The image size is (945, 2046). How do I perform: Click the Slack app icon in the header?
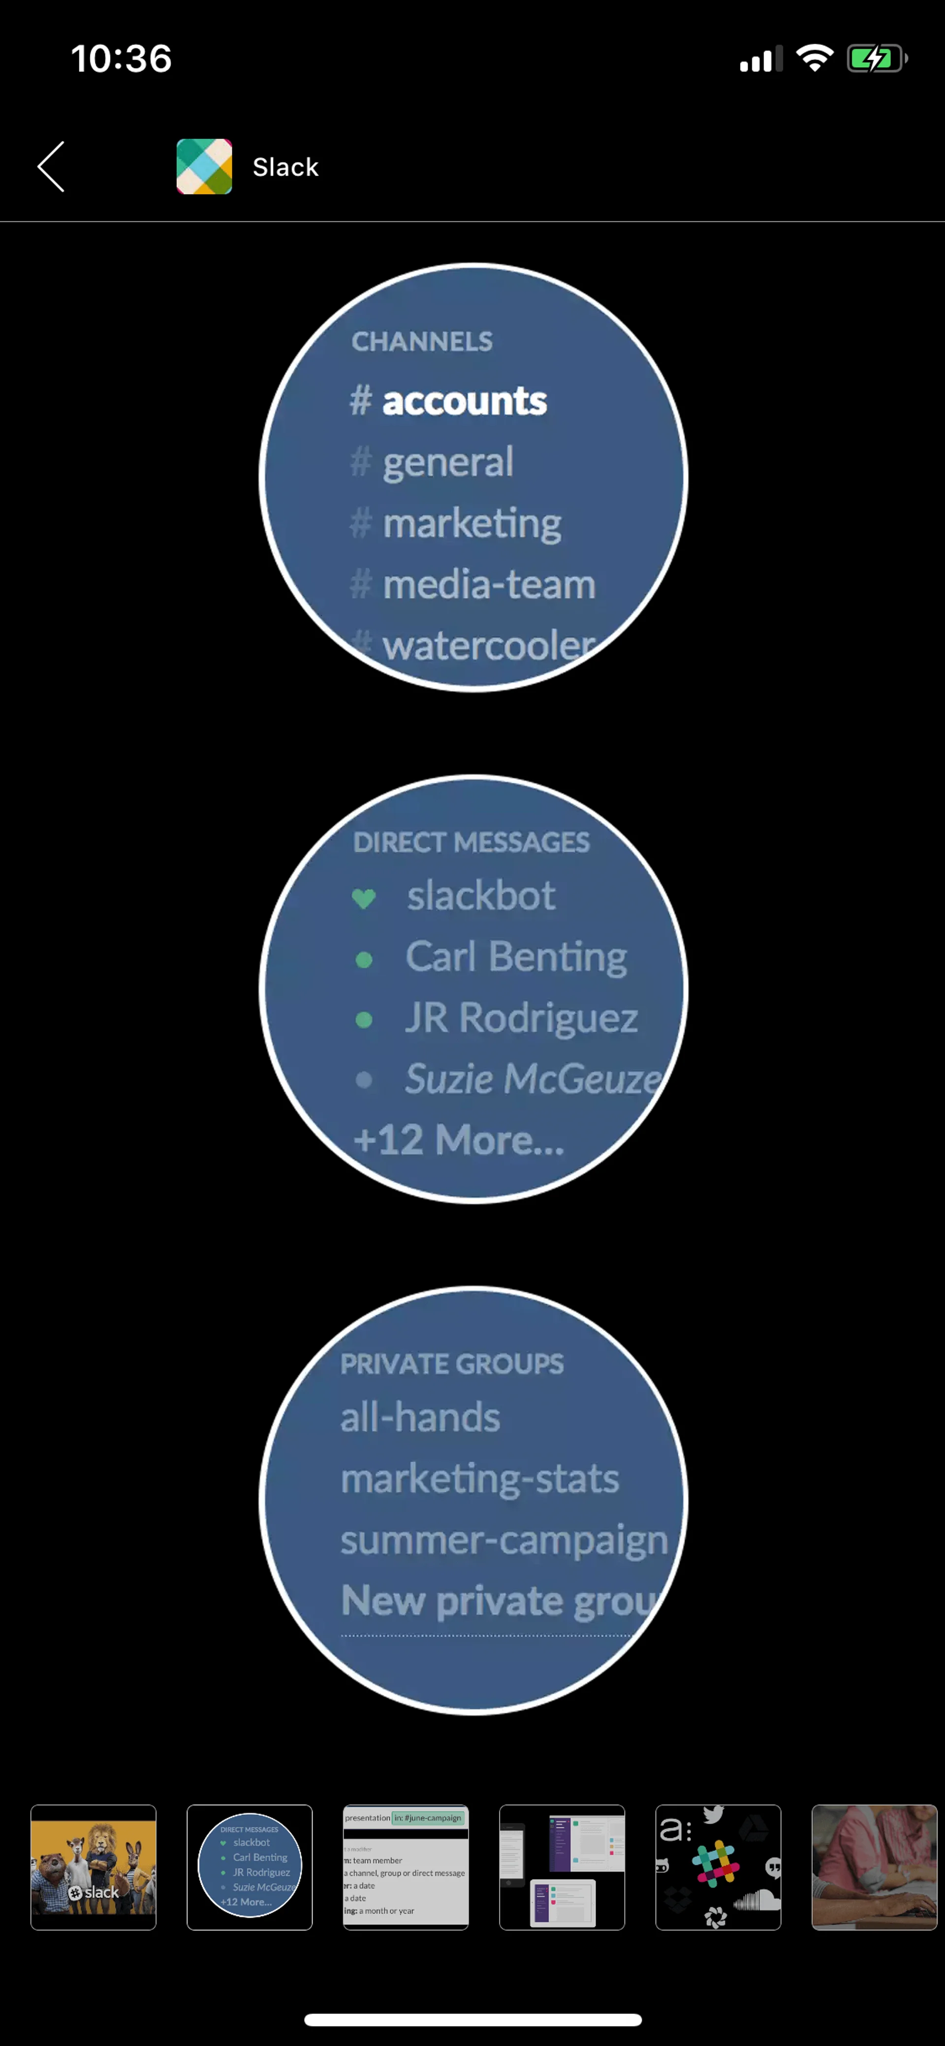click(204, 167)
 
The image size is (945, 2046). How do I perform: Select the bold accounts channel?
click(465, 401)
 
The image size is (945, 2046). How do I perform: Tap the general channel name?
click(448, 462)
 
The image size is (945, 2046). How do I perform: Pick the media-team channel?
click(488, 585)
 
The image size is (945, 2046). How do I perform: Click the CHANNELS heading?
click(422, 342)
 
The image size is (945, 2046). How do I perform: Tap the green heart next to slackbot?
click(364, 898)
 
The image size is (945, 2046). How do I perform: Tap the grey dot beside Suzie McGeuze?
click(364, 1079)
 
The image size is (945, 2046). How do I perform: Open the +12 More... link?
click(459, 1140)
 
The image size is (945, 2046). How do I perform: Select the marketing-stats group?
click(480, 1479)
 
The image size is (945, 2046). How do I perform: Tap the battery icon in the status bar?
click(877, 59)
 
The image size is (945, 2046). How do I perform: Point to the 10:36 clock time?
click(122, 59)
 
